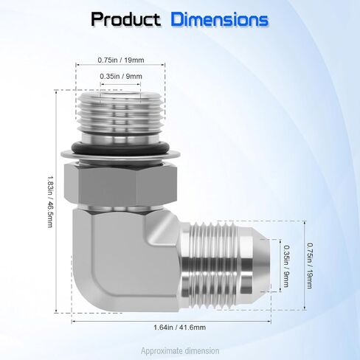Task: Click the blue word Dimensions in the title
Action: (220, 20)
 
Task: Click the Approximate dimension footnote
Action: (179, 351)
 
